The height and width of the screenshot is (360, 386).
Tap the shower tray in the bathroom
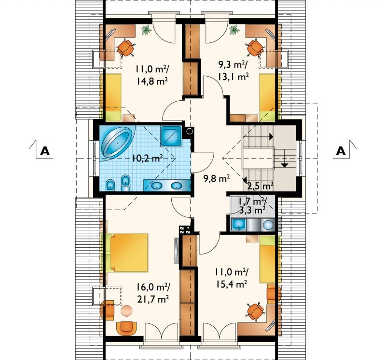point(171,136)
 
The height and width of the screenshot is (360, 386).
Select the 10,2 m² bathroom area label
point(147,158)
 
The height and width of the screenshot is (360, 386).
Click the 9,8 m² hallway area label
point(217,178)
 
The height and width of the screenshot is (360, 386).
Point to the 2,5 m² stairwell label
point(260,186)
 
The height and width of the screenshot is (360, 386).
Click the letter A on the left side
point(45,151)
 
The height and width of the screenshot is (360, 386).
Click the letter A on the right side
point(341,151)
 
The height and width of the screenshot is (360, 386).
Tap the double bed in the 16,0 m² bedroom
point(127,253)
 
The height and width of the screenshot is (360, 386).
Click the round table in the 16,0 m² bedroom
point(126,310)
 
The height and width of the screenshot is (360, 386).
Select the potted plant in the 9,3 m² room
point(234,30)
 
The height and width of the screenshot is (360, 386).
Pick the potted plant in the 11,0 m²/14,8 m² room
point(147,30)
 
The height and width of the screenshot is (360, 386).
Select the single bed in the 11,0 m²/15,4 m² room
point(267,259)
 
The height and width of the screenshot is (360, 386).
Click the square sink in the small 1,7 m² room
point(238,225)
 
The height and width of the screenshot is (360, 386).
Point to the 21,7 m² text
point(153,299)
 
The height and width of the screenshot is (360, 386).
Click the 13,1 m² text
point(233,77)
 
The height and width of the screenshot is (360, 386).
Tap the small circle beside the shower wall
point(189,131)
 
